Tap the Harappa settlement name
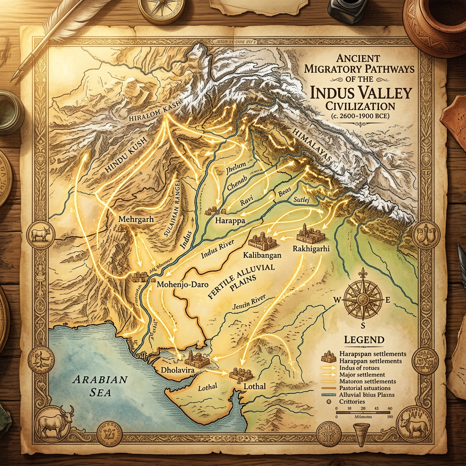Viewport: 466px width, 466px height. (230, 221)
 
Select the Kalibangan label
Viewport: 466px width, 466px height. (262, 255)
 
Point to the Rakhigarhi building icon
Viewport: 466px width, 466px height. (310, 234)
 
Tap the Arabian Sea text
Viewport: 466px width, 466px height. (102, 385)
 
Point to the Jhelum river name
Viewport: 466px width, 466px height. (236, 166)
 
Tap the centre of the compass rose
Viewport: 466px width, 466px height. (363, 299)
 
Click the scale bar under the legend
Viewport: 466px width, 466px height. (364, 409)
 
